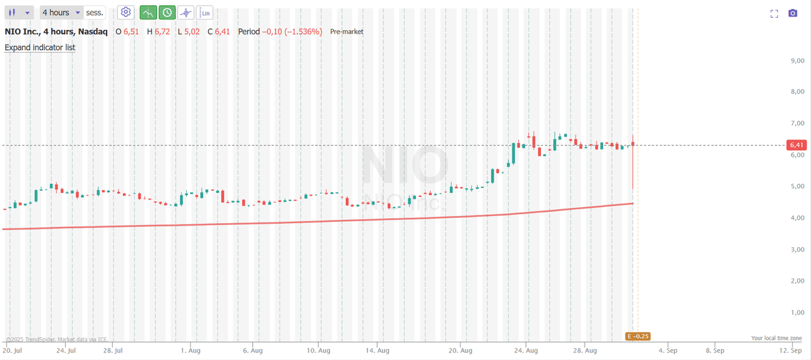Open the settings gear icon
[x=125, y=13]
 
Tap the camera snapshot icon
[x=793, y=13]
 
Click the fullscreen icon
[x=774, y=13]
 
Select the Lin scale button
[x=205, y=13]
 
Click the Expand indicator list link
[x=40, y=48]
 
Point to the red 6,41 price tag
[x=796, y=145]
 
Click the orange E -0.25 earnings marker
[x=638, y=337]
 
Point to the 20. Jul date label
[x=13, y=350]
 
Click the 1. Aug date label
[x=191, y=350]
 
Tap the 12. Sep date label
[x=791, y=350]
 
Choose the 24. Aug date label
[x=527, y=350]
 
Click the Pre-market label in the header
[x=347, y=32]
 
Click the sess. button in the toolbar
[x=94, y=13]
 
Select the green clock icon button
[x=167, y=13]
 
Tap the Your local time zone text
[x=776, y=338]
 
